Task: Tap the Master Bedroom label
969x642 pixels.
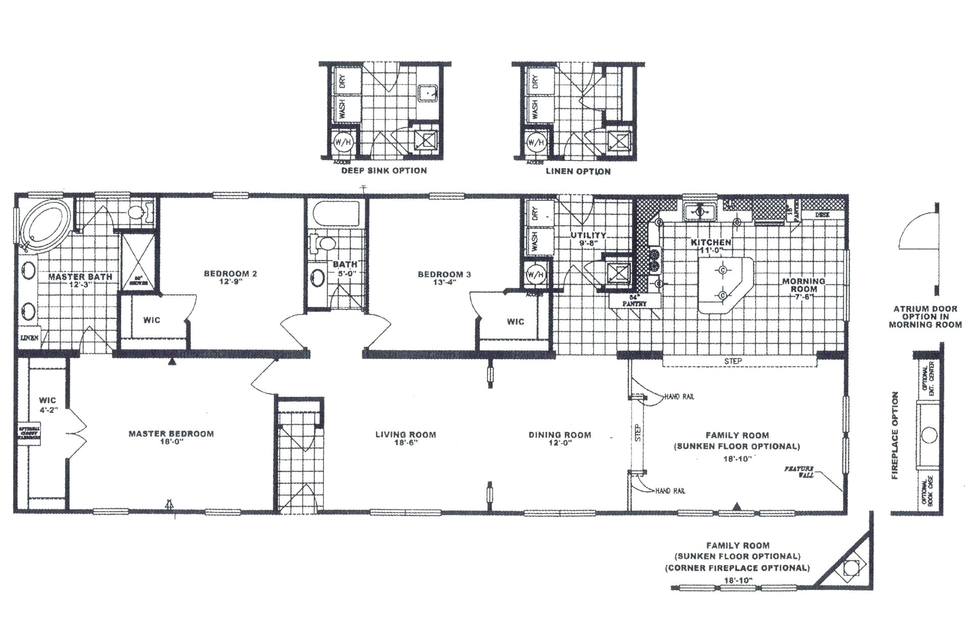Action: pos(171,434)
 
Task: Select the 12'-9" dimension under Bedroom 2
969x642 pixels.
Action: pos(230,282)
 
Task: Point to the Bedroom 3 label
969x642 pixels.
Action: pos(444,274)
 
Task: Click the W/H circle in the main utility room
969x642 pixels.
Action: pos(535,275)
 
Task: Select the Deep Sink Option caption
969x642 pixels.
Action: pos(384,171)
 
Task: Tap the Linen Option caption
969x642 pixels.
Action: pos(578,172)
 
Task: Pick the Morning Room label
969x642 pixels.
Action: pos(803,285)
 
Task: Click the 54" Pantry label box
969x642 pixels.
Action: pos(634,301)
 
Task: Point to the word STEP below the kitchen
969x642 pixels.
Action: pos(733,361)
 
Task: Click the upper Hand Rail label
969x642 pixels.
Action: pos(679,397)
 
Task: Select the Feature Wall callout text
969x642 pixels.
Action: pos(800,472)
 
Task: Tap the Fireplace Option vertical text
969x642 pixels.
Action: pos(895,435)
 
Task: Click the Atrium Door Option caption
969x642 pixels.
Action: pos(925,316)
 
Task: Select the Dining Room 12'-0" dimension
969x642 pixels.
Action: pos(560,443)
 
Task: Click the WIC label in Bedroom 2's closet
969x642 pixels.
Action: pos(151,320)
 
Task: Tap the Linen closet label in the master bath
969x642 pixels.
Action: pos(29,338)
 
